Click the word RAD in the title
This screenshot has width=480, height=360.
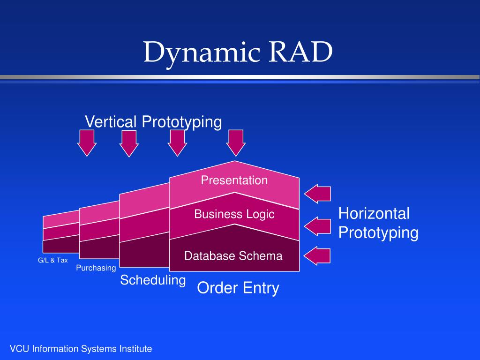pyautogui.click(x=300, y=52)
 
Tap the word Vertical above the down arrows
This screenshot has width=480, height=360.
pyautogui.click(x=111, y=121)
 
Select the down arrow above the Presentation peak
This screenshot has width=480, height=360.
pyautogui.click(x=236, y=143)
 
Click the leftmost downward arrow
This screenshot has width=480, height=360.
pyautogui.click(x=87, y=143)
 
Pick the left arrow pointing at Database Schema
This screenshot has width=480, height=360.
pyautogui.click(x=317, y=255)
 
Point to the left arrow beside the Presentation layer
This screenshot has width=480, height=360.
pyautogui.click(x=317, y=194)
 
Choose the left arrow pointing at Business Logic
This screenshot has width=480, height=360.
pyautogui.click(x=317, y=226)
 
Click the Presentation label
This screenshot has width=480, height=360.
pyautogui.click(x=234, y=180)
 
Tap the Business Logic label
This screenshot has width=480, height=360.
pyautogui.click(x=234, y=214)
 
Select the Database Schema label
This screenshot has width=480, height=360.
pyautogui.click(x=233, y=256)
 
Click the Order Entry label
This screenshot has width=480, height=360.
pyautogui.click(x=238, y=288)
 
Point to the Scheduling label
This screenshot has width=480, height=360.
pyautogui.click(x=153, y=280)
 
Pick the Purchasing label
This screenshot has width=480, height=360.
pyautogui.click(x=96, y=268)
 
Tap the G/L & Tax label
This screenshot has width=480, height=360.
pyautogui.click(x=52, y=260)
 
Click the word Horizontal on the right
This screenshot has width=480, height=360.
pyautogui.click(x=374, y=213)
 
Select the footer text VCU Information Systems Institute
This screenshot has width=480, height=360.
pyautogui.click(x=81, y=349)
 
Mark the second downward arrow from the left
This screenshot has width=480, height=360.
pyautogui.click(x=129, y=143)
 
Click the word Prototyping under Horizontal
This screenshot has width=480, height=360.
pyautogui.click(x=378, y=232)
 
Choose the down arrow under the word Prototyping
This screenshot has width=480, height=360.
pyautogui.click(x=177, y=143)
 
